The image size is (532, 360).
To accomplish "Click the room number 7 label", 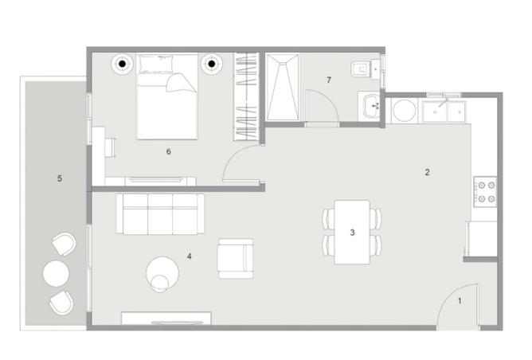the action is coord(328,80).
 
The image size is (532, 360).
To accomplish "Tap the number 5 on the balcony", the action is coord(60,178).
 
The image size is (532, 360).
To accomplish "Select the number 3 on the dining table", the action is coord(352,233).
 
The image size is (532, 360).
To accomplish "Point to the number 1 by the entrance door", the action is coord(460,301).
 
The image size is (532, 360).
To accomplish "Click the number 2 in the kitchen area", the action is coord(427,172).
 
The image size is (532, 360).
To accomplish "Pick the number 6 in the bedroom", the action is coord(169,151).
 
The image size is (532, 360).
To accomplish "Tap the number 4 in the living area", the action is coord(189,256).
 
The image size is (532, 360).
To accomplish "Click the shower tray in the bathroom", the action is coord(282,87).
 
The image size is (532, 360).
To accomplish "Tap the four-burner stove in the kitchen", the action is coord(486,192).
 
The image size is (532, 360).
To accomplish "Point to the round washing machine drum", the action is coord(404,111).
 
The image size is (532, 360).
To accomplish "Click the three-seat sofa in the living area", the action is coord(160,213).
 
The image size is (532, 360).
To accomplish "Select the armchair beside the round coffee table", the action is coord(236,259).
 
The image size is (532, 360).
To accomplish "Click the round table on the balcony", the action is coord(56,273).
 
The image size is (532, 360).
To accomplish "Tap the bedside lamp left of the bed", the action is coord(122,64).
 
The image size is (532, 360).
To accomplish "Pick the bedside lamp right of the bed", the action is coord(212,64).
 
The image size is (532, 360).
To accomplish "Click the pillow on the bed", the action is coord(156,64).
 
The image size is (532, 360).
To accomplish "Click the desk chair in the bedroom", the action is coord(111,147).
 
